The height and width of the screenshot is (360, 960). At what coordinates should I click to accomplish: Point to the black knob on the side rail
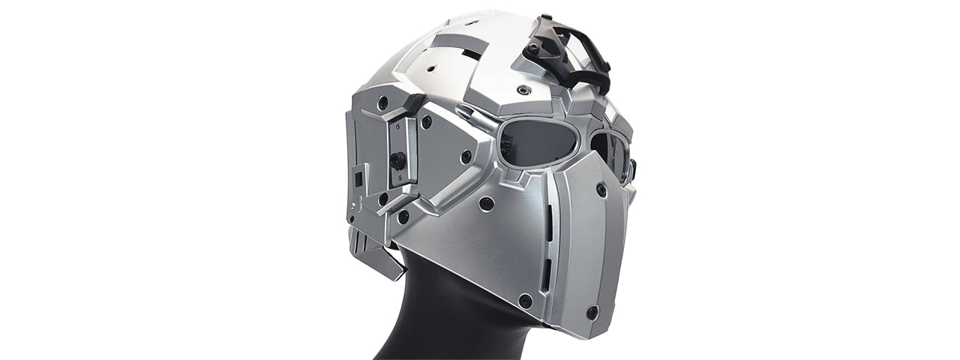coord(397,158)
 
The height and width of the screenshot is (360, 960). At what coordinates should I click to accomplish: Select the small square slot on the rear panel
coord(358,178)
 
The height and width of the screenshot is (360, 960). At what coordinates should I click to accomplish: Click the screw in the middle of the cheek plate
coord(466,156)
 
